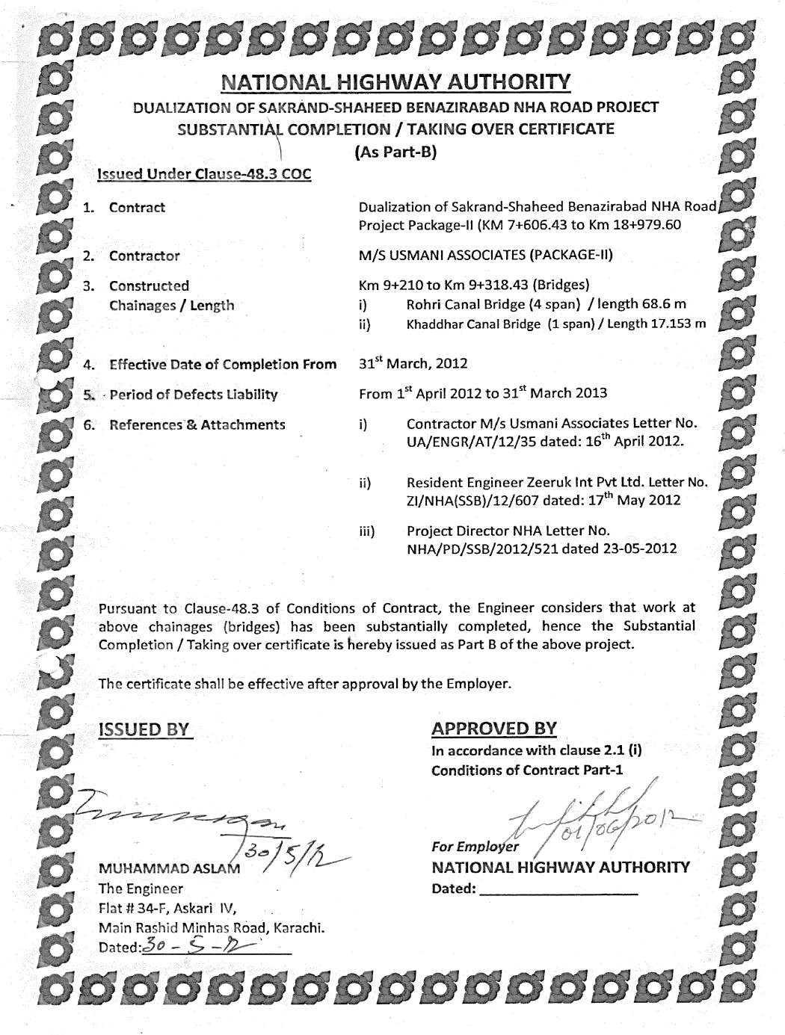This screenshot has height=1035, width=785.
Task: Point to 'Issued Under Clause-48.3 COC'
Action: pyautogui.click(x=204, y=174)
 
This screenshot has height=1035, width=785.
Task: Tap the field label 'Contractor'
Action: pyautogui.click(x=144, y=256)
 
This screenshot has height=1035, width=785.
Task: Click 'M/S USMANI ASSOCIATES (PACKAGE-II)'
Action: pyautogui.click(x=485, y=255)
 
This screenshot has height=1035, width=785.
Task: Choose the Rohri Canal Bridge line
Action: pyautogui.click(x=546, y=304)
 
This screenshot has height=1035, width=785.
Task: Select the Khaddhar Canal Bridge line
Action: pyautogui.click(x=555, y=324)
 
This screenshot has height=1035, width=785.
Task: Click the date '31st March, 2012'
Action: pyautogui.click(x=413, y=364)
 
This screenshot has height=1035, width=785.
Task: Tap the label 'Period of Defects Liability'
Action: pyautogui.click(x=193, y=395)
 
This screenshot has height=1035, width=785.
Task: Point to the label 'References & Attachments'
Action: pyautogui.click(x=197, y=424)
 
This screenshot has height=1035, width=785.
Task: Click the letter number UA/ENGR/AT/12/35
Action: pyautogui.click(x=470, y=441)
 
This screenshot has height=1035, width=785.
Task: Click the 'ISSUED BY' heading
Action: pyautogui.click(x=146, y=729)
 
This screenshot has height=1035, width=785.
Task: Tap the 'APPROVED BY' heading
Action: pyautogui.click(x=493, y=729)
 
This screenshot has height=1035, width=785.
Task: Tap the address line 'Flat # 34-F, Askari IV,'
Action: pyautogui.click(x=167, y=909)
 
